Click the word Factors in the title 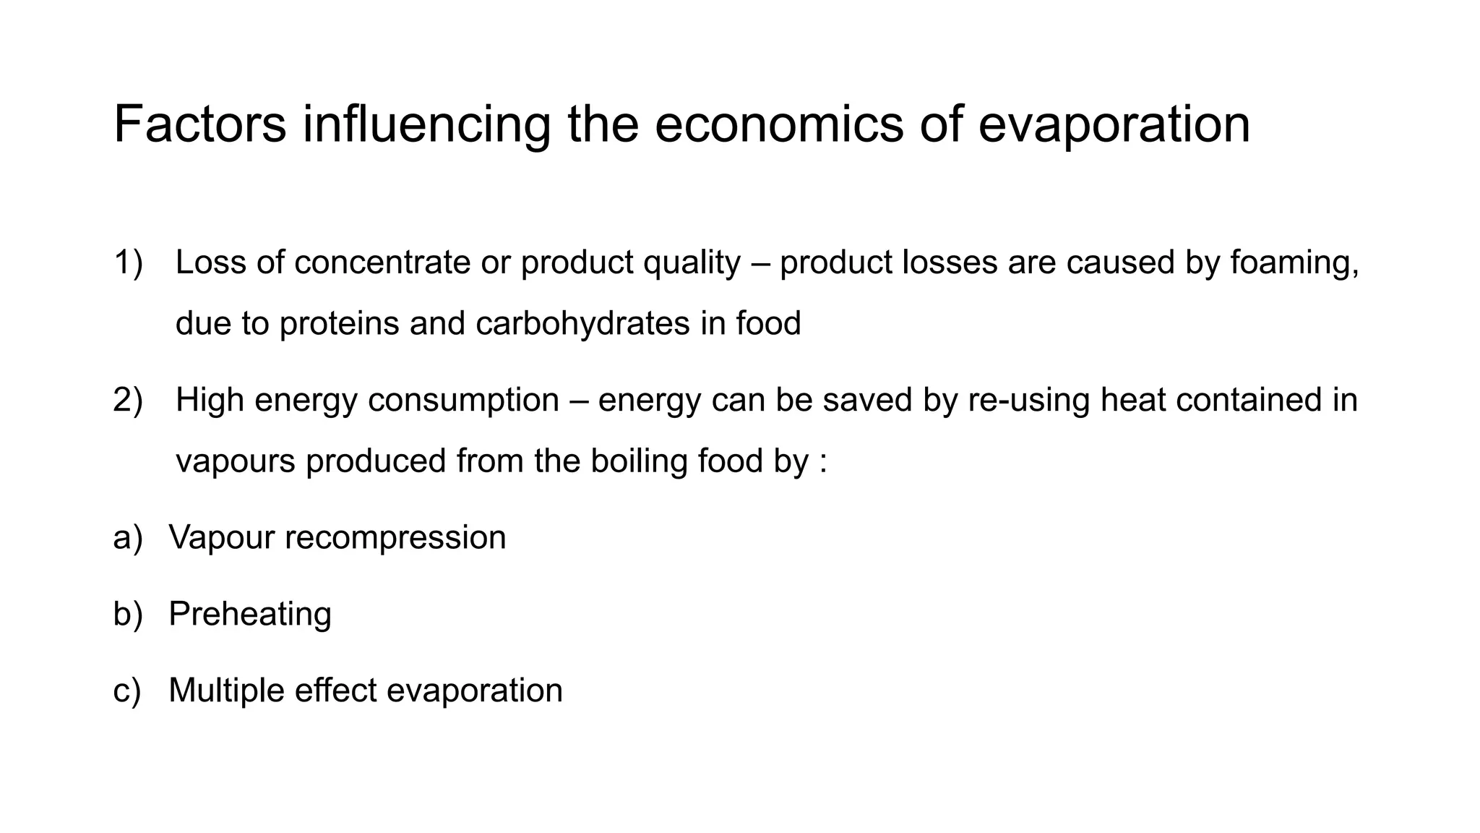click(199, 124)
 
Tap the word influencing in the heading click(426, 124)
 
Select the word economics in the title click(779, 124)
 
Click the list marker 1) click(128, 262)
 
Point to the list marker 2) click(128, 401)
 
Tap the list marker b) click(128, 614)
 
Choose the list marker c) click(127, 691)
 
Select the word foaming click(1294, 262)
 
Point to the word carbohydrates click(582, 323)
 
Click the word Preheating click(250, 614)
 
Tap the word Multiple click(226, 691)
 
